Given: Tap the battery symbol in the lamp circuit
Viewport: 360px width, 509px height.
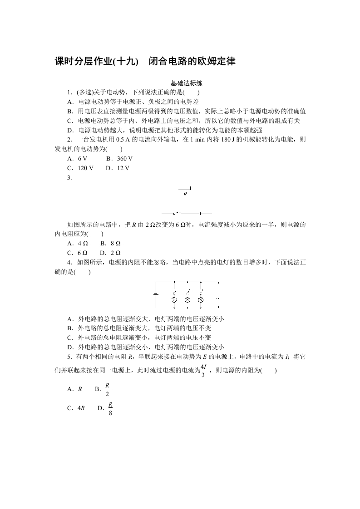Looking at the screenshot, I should click(x=156, y=294).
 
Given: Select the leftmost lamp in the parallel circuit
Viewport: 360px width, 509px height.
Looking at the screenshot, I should click(x=174, y=300).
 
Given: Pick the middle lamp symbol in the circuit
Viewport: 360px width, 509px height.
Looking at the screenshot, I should click(x=187, y=300).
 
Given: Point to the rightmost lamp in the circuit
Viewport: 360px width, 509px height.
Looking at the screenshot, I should click(x=201, y=300).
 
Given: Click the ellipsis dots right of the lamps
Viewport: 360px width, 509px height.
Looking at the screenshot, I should click(x=217, y=299).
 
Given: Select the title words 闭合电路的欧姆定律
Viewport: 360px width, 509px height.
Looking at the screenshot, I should click(x=192, y=62).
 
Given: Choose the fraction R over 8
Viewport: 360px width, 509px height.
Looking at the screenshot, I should click(x=110, y=409).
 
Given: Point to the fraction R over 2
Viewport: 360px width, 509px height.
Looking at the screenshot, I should click(x=107, y=389).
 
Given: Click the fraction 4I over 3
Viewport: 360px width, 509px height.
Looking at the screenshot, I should click(x=203, y=371).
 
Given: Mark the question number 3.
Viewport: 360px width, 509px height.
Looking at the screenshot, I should click(x=69, y=178).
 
